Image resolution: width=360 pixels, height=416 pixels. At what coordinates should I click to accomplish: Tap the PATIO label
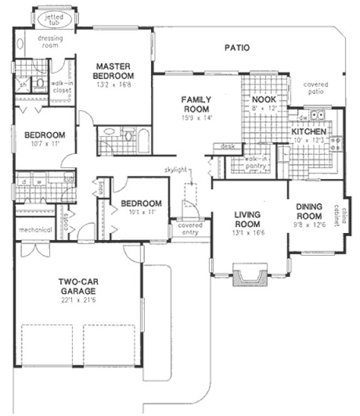pyautogui.click(x=236, y=47)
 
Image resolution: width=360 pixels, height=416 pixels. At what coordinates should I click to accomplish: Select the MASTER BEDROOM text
pyautogui.click(x=113, y=71)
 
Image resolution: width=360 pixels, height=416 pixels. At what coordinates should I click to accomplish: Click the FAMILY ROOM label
pyautogui.click(x=196, y=104)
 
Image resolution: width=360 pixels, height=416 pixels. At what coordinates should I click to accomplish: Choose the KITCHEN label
pyautogui.click(x=307, y=132)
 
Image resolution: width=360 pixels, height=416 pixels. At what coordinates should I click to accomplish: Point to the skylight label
pyautogui.click(x=177, y=170)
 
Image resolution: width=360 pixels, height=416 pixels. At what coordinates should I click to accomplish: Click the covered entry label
pyautogui.click(x=189, y=229)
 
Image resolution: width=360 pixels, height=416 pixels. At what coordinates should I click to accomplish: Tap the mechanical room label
pyautogui.click(x=34, y=230)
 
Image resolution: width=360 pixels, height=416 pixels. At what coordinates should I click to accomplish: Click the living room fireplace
pyautogui.click(x=250, y=275)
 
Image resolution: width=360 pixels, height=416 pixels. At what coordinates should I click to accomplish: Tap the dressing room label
pyautogui.click(x=48, y=41)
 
